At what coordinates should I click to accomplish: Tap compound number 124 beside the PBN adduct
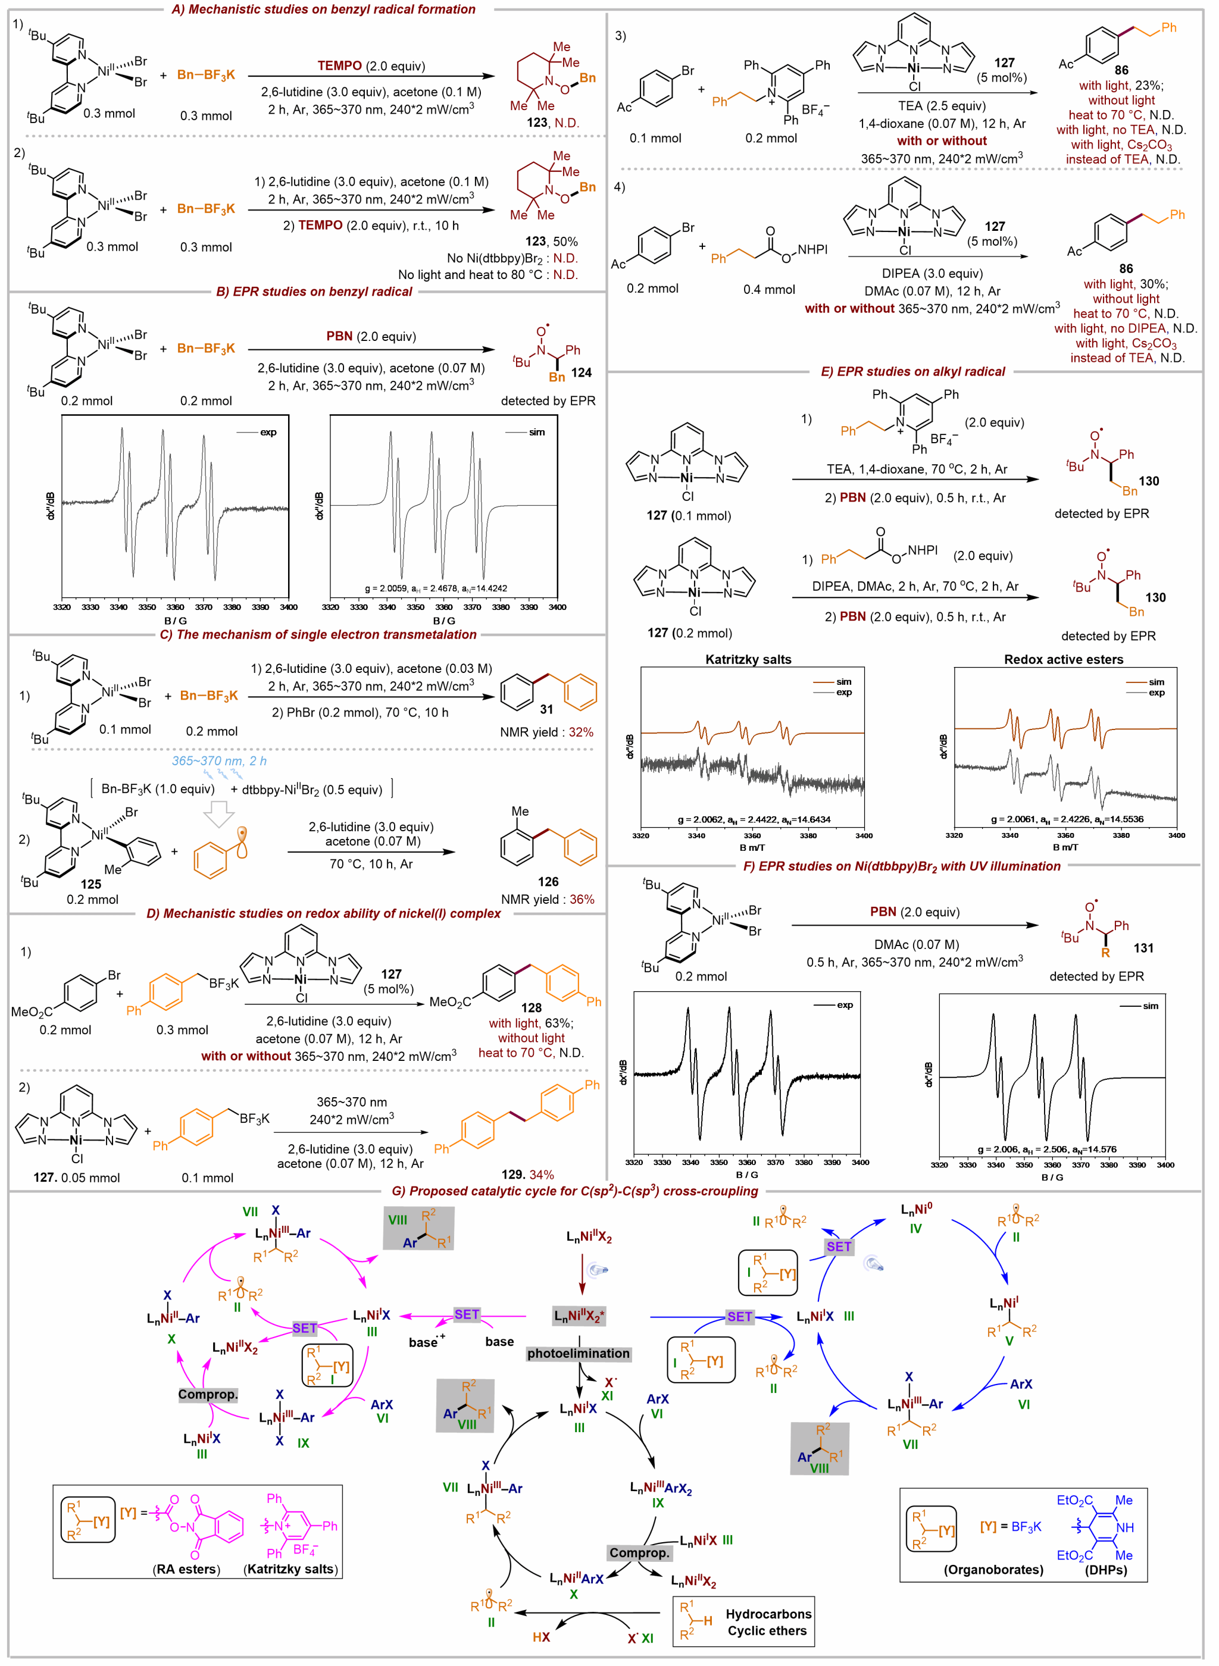[581, 372]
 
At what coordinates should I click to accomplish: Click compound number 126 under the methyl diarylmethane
[548, 881]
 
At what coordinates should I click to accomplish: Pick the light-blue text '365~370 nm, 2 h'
[219, 760]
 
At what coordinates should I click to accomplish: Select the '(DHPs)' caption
[1105, 1570]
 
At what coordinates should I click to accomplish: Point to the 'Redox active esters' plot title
[1063, 659]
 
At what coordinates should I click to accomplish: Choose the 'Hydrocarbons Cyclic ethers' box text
[767, 1622]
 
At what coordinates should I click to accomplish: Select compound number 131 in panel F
[1143, 948]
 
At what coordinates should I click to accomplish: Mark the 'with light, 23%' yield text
[1121, 85]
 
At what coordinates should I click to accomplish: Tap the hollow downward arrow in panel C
[218, 814]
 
